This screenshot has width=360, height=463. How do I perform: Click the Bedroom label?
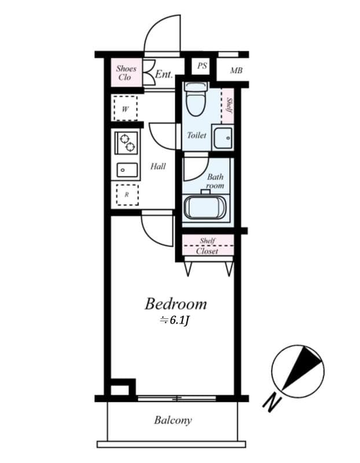(175, 304)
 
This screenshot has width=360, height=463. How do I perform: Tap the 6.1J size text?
(175, 320)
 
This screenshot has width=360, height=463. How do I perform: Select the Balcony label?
(172, 421)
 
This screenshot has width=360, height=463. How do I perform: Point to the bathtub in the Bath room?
(205, 207)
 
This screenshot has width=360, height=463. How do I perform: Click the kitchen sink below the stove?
(126, 170)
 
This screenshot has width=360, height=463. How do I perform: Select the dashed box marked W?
(126, 108)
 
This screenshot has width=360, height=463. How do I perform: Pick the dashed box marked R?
(127, 194)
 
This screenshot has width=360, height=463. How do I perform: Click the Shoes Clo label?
(126, 73)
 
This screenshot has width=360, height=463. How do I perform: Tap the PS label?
(201, 66)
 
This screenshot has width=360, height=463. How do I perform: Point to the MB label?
(236, 71)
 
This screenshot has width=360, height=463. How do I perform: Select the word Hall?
(158, 167)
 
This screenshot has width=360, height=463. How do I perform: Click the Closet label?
(207, 251)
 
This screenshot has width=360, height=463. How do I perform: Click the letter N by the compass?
(271, 400)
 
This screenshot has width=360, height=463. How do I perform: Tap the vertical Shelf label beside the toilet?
(229, 105)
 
